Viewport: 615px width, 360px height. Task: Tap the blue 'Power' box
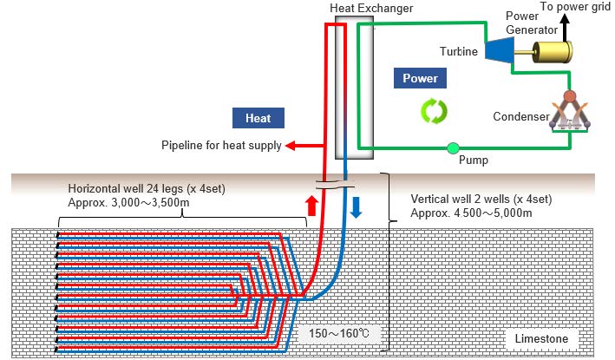pyautogui.click(x=421, y=78)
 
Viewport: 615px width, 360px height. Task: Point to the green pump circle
pyautogui.click(x=452, y=147)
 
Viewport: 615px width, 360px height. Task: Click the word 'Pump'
pyautogui.click(x=472, y=160)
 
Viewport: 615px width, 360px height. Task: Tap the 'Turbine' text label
pyautogui.click(x=458, y=52)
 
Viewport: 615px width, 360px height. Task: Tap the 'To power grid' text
pyautogui.click(x=576, y=6)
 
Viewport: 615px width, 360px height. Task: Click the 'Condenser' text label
pyautogui.click(x=520, y=116)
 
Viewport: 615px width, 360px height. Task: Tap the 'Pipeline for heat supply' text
pyautogui.click(x=221, y=146)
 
